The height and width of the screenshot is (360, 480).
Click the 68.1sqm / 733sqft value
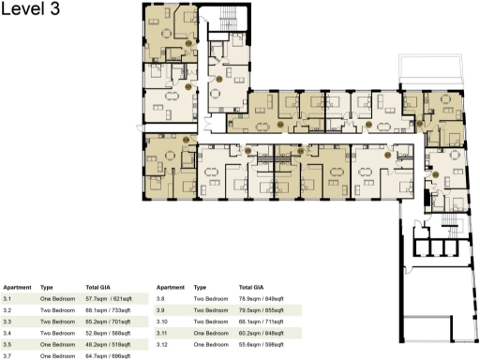[112, 308]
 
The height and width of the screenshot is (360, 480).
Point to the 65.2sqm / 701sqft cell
[112, 321]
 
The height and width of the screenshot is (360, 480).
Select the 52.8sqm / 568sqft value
[112, 332]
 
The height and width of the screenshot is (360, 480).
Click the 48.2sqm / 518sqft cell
[112, 344]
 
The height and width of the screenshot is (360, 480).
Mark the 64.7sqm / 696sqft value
[112, 356]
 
